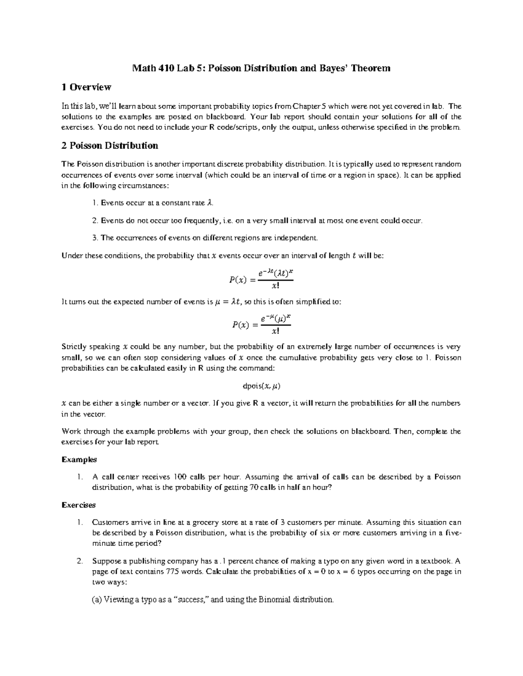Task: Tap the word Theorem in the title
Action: click(371, 68)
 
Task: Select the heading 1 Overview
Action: click(86, 87)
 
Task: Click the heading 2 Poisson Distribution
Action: click(109, 145)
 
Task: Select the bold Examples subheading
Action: click(79, 460)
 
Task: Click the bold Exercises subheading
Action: click(78, 505)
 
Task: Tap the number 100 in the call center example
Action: click(180, 477)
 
